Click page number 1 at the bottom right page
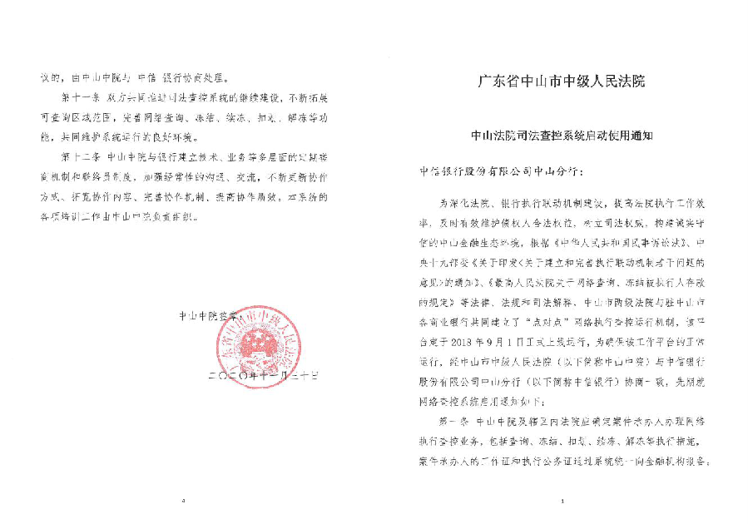tap(563, 502)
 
